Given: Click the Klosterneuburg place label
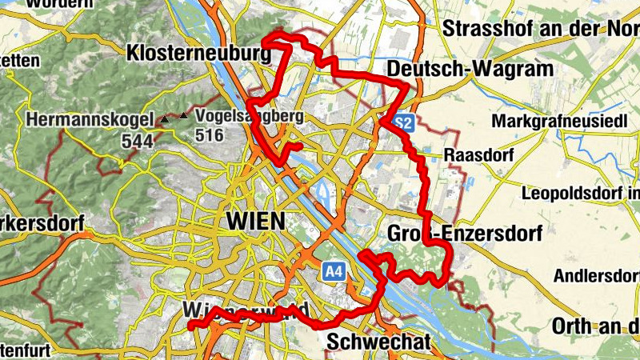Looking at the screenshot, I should tap(199, 53).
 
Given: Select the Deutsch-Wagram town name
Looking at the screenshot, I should tap(470, 70).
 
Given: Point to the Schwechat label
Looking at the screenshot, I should tap(379, 342).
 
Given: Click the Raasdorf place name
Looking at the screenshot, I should tap(477, 154).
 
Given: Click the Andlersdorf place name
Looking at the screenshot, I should tap(596, 276).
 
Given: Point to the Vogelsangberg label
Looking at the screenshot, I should tap(249, 116).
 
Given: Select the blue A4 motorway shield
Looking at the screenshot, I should tap(334, 273).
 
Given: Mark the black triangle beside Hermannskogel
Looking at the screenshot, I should tap(165, 119).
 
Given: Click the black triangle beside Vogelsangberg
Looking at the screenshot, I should tap(185, 117).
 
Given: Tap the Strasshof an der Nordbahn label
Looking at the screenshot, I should tap(541, 29).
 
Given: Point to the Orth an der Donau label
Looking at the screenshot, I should tap(596, 326).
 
